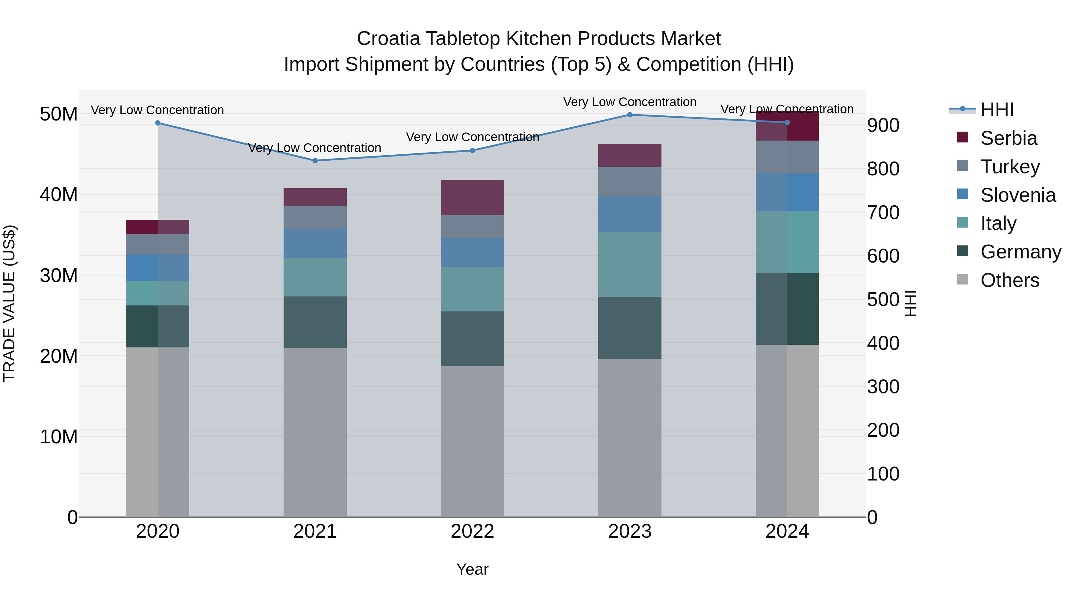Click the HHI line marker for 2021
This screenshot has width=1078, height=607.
click(315, 160)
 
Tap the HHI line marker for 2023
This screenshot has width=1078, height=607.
click(630, 115)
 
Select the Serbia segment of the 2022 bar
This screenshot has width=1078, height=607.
click(473, 198)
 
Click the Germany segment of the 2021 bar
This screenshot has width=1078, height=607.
click(315, 322)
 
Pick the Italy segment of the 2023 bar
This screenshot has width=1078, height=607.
click(630, 264)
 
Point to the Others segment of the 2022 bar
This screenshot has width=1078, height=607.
click(473, 442)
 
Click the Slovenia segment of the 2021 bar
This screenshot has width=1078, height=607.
click(315, 243)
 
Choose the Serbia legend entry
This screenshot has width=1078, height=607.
click(1009, 138)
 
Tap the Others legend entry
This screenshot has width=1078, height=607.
click(1009, 280)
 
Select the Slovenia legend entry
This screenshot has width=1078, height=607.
click(1018, 195)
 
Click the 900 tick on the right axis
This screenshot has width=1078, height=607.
click(883, 125)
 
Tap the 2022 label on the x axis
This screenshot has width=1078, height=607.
click(473, 531)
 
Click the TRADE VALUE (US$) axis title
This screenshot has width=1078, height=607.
click(9, 303)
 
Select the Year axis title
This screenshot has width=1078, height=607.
click(473, 569)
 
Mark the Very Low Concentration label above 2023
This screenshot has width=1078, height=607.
click(630, 102)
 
